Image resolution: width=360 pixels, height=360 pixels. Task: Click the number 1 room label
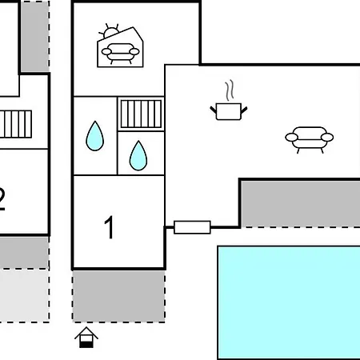coord(110,227)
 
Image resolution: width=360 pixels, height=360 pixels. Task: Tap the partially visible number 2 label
coord(2,199)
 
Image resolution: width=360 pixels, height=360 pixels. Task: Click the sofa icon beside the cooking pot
coord(310,140)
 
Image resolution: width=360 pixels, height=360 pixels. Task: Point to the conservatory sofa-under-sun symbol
coord(120,46)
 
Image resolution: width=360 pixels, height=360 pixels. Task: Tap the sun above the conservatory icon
coord(110,31)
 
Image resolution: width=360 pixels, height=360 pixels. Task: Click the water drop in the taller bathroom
coord(94,136)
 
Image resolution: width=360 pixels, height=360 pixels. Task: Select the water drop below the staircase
coord(138,156)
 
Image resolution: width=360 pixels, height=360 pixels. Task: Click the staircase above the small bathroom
coord(141,114)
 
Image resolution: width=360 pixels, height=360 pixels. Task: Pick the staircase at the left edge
coord(16,124)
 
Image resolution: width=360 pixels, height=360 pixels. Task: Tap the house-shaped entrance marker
coord(86,338)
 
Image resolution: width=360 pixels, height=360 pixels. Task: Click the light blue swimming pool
coord(289,302)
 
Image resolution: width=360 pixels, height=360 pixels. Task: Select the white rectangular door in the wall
coord(192,227)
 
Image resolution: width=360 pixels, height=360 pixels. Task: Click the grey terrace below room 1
coord(118,296)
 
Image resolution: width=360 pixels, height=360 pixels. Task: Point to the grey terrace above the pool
coord(301,204)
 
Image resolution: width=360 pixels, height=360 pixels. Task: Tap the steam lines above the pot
coord(230,90)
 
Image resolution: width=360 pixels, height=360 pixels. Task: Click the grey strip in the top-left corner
coord(35,36)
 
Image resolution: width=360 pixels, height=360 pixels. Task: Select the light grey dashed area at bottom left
coord(24,296)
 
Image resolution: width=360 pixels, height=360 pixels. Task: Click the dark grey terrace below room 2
coord(24,253)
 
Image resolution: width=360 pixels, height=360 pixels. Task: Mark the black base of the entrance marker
coord(86,345)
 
